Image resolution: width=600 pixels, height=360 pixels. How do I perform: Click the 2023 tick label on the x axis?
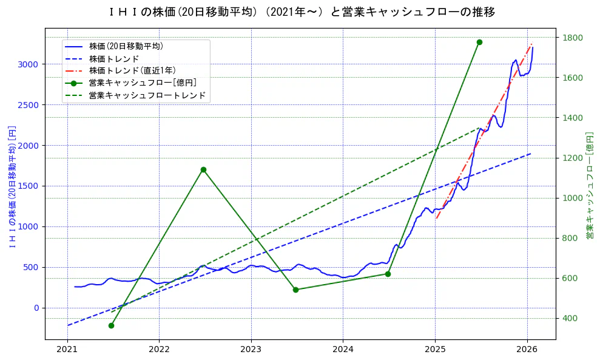[251, 349]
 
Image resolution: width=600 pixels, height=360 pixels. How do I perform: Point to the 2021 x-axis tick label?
[67, 349]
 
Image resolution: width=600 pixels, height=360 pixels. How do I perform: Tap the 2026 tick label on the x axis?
[527, 349]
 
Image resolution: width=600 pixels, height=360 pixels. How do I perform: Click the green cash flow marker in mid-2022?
[203, 169]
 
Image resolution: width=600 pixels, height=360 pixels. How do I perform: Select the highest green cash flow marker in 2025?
[479, 42]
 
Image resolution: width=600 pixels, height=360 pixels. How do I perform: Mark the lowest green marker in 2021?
[111, 325]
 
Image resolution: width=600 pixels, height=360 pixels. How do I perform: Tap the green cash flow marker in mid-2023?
[295, 290]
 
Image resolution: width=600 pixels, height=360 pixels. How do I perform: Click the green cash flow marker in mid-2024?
[388, 274]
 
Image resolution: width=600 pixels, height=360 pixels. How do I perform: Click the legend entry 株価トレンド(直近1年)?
[132, 70]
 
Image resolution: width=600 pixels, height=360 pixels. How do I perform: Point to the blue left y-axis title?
[12, 186]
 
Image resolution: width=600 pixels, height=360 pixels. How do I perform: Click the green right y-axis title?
[589, 186]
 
